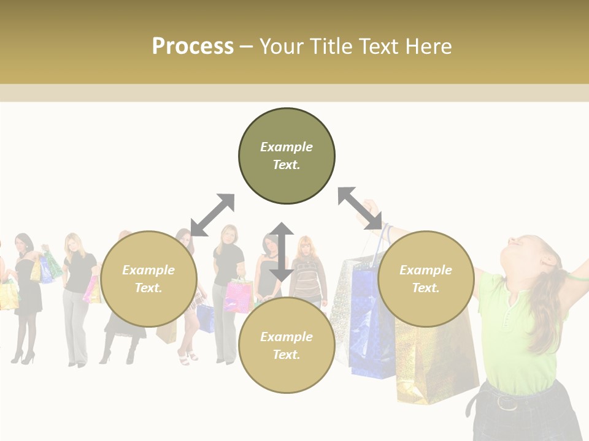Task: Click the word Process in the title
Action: point(193,47)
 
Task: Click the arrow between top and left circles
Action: point(212,215)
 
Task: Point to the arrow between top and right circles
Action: point(360,208)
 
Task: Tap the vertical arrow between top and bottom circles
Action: point(282,252)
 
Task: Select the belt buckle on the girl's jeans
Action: point(506,402)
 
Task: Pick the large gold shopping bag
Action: point(433,361)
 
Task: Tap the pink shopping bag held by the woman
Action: point(239,296)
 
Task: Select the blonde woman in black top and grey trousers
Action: point(78,294)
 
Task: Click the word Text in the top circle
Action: point(287,165)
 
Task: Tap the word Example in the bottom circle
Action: point(287,337)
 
